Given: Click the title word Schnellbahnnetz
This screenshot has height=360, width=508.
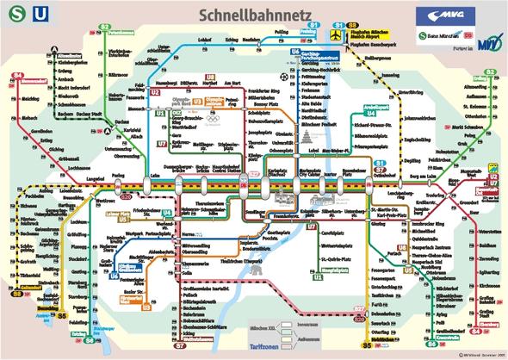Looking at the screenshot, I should coord(251,15).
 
